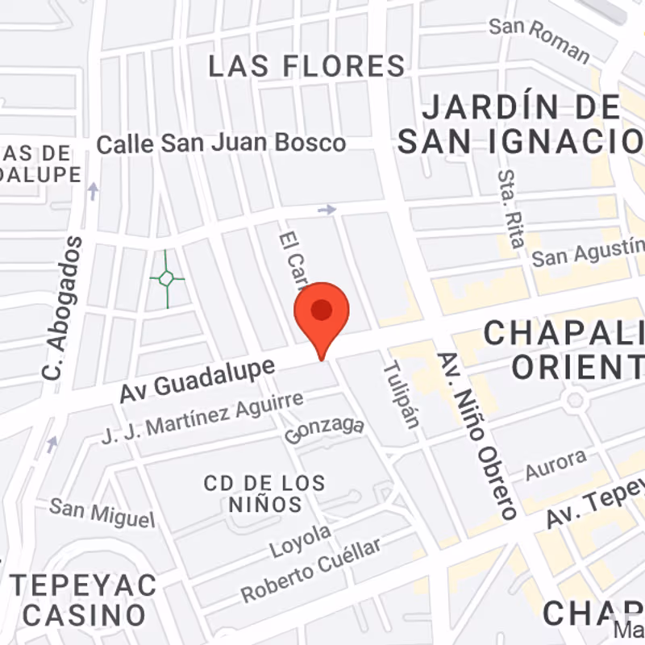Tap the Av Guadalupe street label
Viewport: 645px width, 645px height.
click(198, 380)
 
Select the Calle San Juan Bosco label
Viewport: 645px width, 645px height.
click(221, 144)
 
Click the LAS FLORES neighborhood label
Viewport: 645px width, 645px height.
click(306, 66)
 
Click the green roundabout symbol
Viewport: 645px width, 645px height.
click(166, 279)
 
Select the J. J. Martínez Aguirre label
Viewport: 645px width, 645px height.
click(203, 418)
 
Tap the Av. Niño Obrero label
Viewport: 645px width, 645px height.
click(476, 435)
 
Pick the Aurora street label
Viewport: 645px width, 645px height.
click(556, 466)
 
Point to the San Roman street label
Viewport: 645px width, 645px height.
click(539, 38)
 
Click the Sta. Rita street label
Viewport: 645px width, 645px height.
click(512, 208)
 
